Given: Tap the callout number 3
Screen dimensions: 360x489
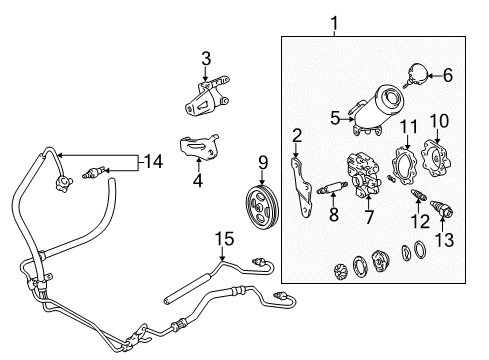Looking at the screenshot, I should pos(205,59).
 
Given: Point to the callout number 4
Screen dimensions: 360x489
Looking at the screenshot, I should pos(197,181).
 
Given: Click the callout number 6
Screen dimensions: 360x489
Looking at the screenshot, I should pos(447,74).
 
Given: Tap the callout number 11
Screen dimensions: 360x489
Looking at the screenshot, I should pos(407,125).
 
